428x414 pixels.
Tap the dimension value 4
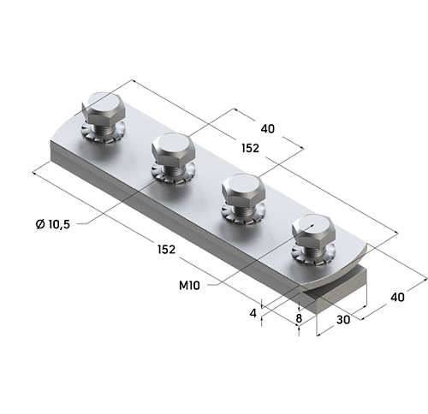click(253, 312)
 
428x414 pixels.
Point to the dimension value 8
click(298, 320)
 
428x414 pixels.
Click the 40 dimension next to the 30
click(397, 297)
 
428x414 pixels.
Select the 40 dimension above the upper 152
click(267, 128)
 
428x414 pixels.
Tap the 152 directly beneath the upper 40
click(250, 148)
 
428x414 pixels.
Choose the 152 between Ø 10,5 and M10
click(166, 250)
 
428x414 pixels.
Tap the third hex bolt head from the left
click(241, 188)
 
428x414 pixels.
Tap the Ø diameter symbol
click(40, 223)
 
